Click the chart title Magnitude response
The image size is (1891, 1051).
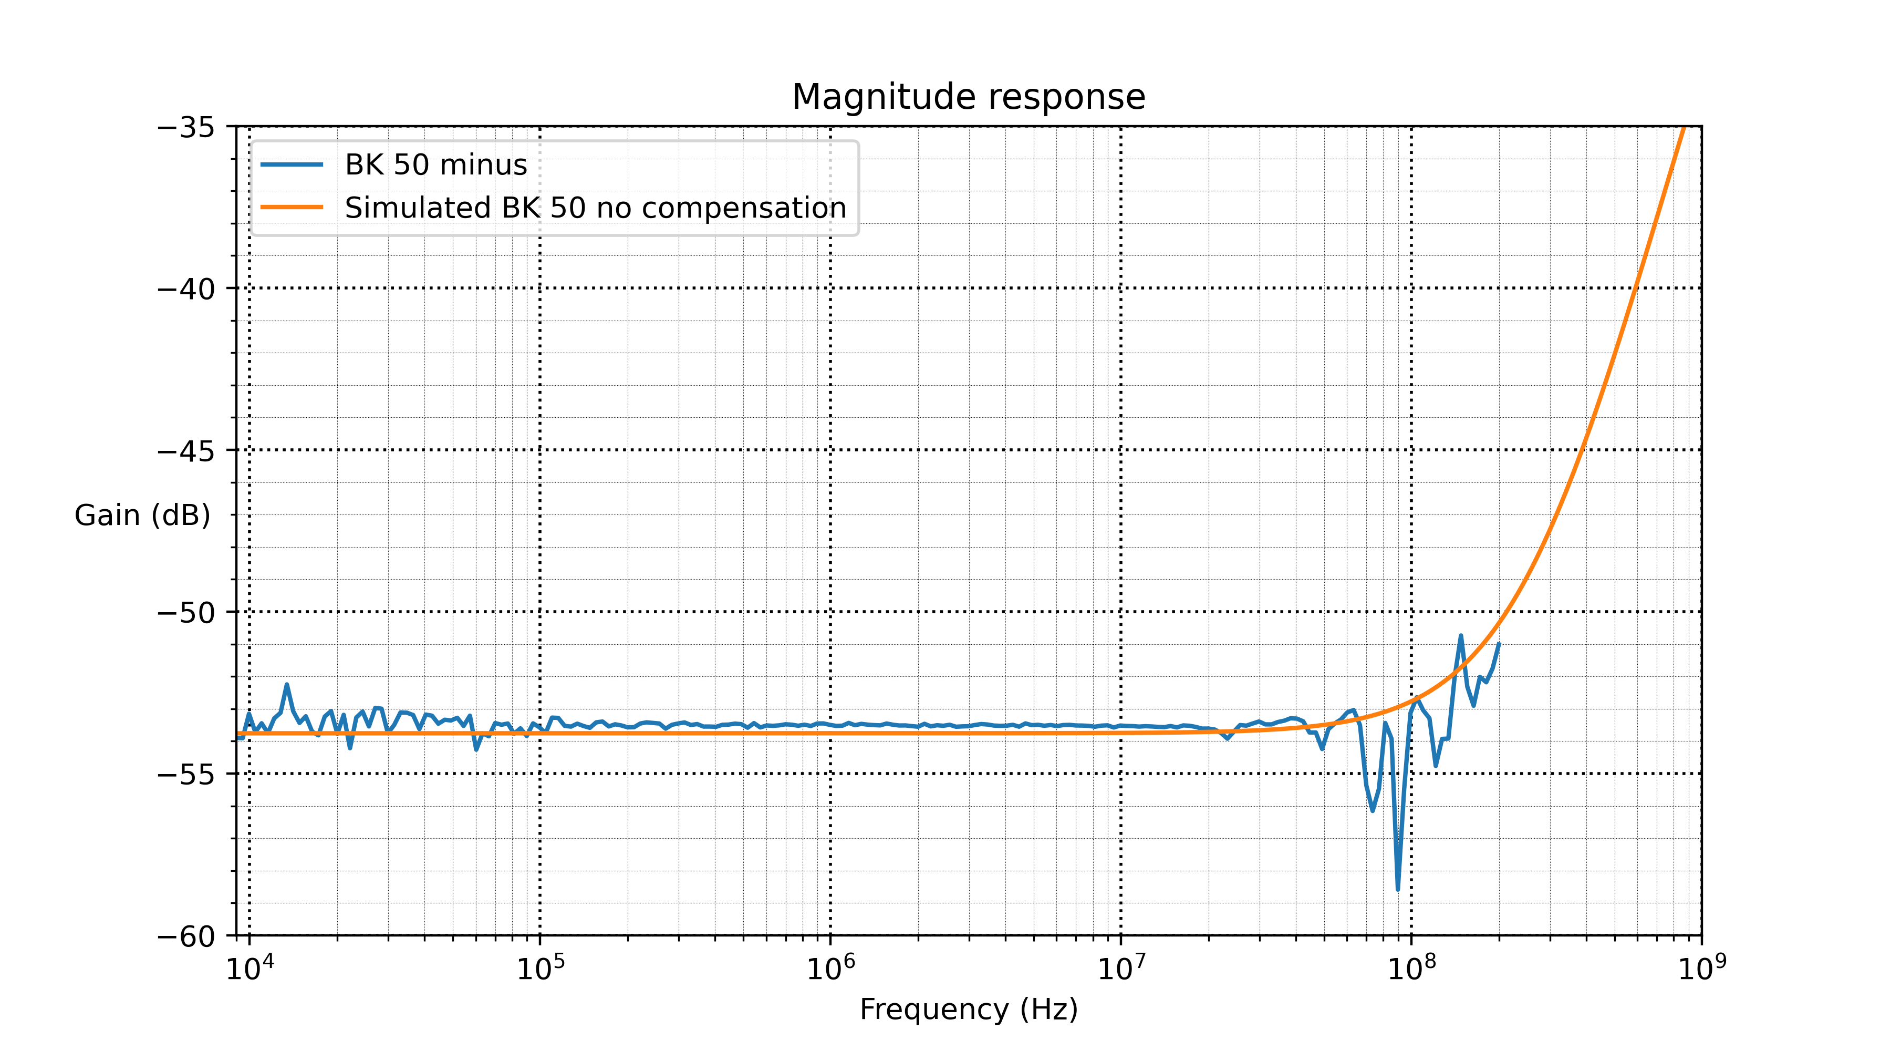(968, 97)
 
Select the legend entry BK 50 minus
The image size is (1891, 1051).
(436, 164)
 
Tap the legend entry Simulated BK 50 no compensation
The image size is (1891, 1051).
(595, 208)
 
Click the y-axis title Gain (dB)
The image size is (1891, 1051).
(142, 516)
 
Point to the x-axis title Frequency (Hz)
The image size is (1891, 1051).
(968, 1009)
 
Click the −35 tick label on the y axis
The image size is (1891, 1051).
(186, 128)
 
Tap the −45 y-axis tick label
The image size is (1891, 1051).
(186, 451)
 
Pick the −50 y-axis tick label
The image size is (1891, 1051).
(186, 613)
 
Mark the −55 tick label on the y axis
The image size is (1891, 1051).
(186, 775)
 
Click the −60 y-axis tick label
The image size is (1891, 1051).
(186, 936)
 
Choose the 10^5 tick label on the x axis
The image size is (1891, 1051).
(541, 968)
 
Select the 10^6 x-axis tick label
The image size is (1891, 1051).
(831, 968)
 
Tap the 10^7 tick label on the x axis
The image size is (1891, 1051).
(1121, 968)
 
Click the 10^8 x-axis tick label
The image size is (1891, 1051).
(1411, 968)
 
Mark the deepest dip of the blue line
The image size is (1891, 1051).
(1398, 890)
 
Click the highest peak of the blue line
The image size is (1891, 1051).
(1461, 635)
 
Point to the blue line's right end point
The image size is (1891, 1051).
(1499, 643)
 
